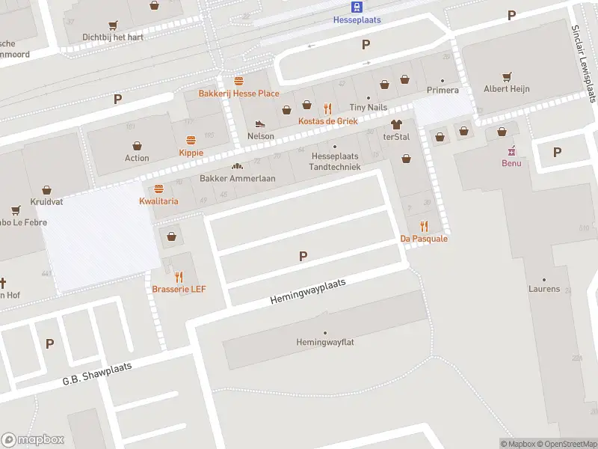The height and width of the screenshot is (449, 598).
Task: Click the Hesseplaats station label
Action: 357,20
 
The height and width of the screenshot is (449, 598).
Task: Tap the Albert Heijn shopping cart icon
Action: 507,76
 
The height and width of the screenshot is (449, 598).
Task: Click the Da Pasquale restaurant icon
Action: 424,226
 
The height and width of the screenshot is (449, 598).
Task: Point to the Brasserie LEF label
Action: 179,289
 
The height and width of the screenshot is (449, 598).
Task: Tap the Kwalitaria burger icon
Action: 158,189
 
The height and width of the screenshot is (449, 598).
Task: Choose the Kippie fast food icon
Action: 191,140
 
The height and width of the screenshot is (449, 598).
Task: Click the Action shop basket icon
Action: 138,145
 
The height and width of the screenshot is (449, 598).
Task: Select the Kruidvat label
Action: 46,203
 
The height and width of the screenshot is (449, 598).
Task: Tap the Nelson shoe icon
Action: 260,124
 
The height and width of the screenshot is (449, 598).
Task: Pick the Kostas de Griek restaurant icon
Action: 327,109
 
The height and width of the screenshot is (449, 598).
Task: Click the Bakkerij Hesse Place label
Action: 238,94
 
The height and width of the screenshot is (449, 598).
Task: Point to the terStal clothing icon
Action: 396,124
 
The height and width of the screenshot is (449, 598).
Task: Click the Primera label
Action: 443,91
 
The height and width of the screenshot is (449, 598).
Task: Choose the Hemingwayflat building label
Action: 324,343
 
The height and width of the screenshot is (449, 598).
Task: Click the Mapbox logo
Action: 33,440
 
